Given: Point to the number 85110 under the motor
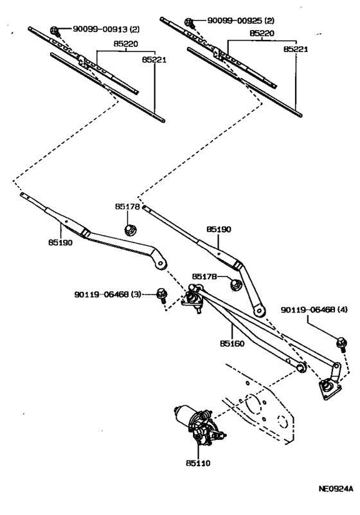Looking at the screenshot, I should coord(198,462).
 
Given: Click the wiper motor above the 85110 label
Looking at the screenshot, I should coord(193,424).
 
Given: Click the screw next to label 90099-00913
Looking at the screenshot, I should coord(55,30).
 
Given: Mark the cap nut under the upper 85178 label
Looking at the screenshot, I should coord(130,229).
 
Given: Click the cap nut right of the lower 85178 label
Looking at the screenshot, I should coord(235,282).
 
